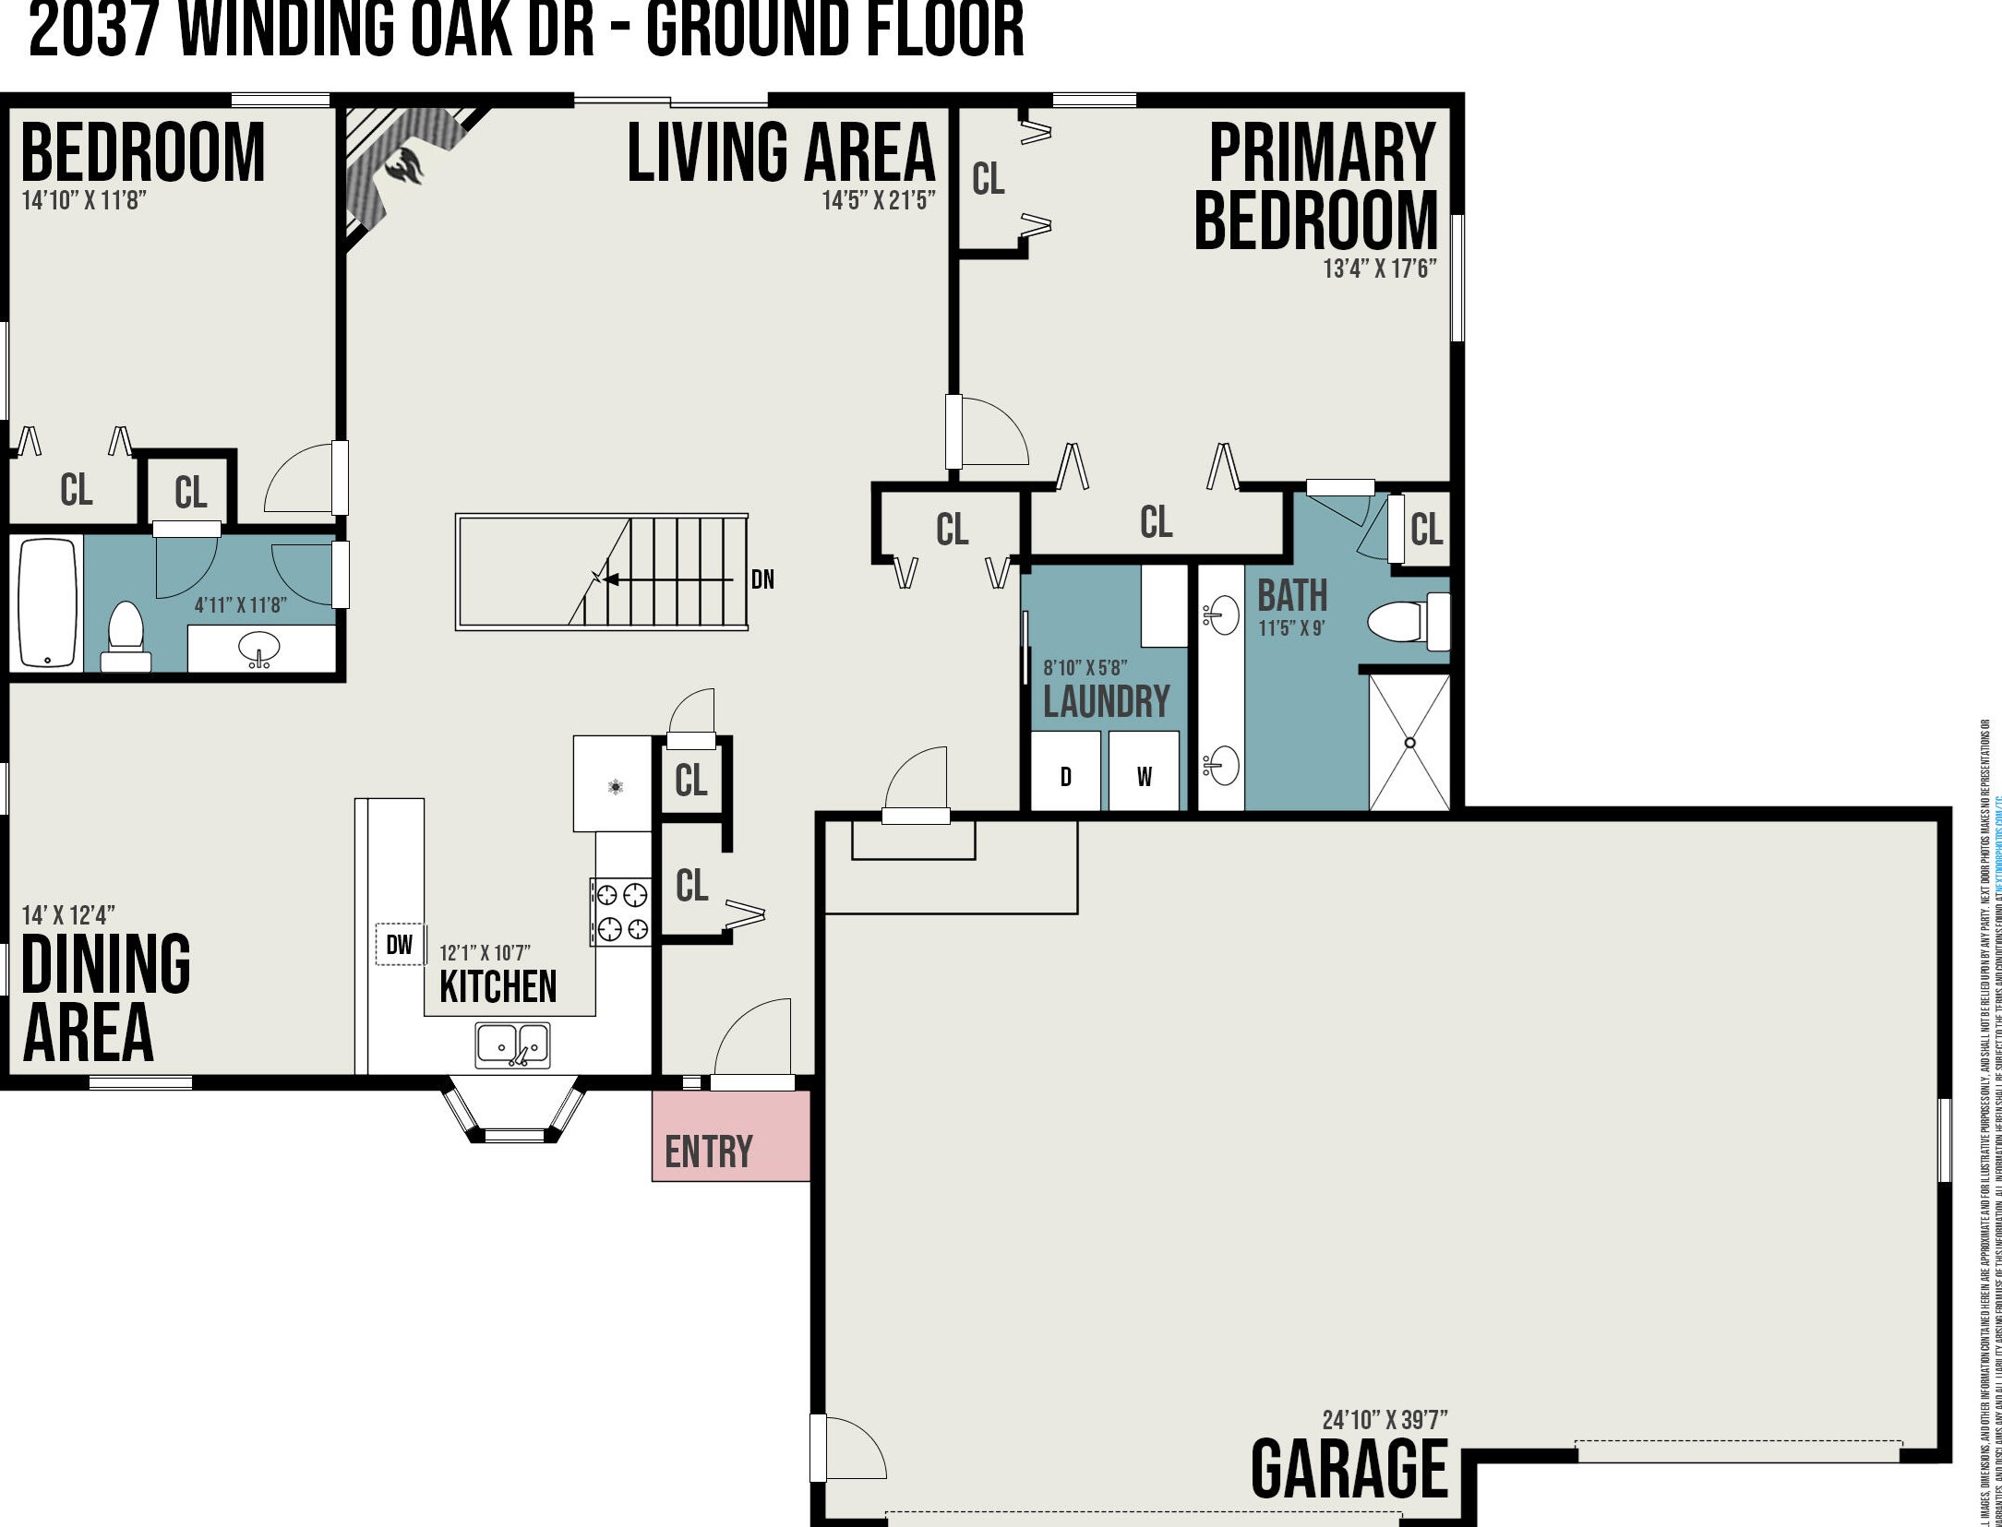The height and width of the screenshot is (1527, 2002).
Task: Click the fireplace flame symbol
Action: pos(405,167)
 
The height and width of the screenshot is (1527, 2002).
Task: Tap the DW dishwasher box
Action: pos(400,944)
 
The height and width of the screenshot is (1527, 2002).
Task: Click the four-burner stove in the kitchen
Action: pos(621,912)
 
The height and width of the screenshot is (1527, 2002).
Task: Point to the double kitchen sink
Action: pos(512,1044)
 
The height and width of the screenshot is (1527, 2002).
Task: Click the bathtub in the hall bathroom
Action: pos(47,602)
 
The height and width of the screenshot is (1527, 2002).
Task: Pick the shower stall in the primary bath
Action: pos(1409,743)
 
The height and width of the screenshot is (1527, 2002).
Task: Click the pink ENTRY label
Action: pos(709,1151)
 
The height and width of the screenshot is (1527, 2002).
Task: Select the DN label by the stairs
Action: pos(762,579)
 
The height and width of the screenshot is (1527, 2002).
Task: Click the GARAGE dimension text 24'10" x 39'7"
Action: pos(1385,1419)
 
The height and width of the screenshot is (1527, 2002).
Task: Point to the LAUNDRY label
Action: pos(1106,701)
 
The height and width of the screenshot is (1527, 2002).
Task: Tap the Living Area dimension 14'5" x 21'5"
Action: pos(878,200)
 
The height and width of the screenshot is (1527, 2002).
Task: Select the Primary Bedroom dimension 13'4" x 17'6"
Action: pos(1379,268)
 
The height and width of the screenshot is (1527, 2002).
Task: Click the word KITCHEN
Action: pos(498,986)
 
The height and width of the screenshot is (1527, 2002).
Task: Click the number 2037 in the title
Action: pos(93,30)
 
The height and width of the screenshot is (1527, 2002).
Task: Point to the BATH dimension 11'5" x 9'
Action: pos(1290,628)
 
